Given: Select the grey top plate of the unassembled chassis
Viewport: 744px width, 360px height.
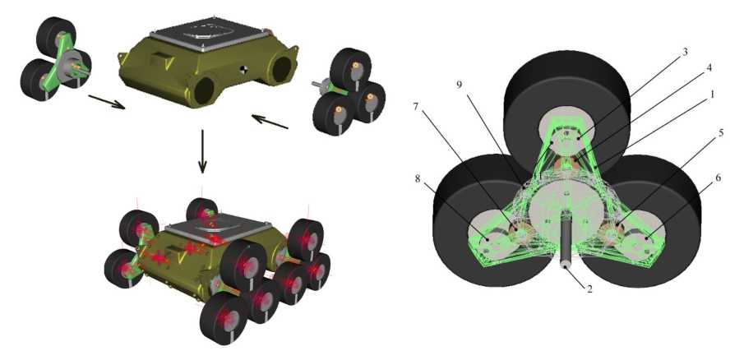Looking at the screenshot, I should (x=201, y=33).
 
